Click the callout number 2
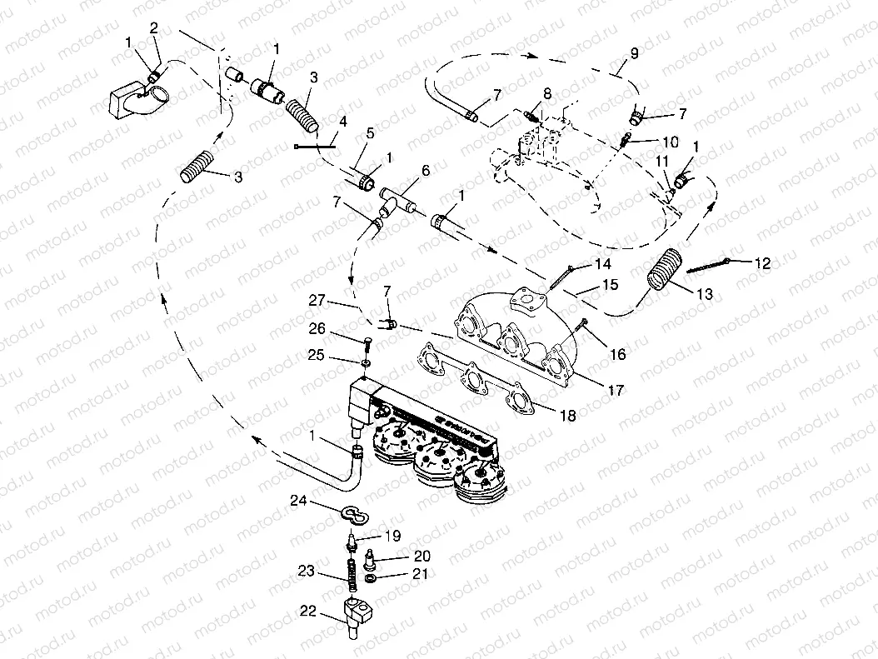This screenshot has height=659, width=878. pos(153,28)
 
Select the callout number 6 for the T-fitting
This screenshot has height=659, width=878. pos(426,170)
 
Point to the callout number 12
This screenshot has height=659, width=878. pos(762,263)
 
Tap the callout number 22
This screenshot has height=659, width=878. pos(308,611)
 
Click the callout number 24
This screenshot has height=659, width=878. pos(298,501)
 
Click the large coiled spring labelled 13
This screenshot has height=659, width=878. pos(664,271)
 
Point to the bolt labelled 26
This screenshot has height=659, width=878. pos(367,342)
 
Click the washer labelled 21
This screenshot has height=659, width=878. pos(368,577)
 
